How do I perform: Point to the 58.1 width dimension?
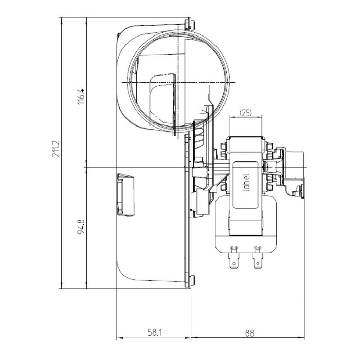[153, 333]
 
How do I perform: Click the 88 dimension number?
[248, 333]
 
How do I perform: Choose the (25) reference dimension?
[246, 113]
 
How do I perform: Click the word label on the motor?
[246, 182]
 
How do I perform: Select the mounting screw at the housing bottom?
[191, 281]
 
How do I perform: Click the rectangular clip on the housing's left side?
[124, 194]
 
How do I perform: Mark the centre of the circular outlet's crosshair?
[177, 82]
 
